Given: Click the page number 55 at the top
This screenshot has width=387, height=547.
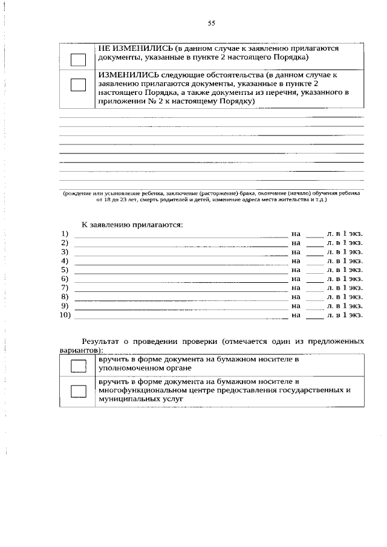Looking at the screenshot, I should [x=212, y=24].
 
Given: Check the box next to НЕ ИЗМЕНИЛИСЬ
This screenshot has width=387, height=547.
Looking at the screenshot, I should [x=79, y=59].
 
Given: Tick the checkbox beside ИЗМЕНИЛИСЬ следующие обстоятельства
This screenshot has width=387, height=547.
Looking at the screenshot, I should [x=79, y=85].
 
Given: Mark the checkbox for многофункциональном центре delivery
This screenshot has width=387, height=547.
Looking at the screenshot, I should [x=79, y=391].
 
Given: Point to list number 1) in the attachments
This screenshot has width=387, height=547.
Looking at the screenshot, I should [x=65, y=233].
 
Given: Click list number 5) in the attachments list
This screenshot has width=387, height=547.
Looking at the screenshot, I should [x=65, y=270].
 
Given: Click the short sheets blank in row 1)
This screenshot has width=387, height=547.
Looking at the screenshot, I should [x=314, y=235].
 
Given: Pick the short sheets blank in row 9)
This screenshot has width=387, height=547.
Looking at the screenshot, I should [x=314, y=307].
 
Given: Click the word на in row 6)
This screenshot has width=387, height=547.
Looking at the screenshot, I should [x=296, y=279].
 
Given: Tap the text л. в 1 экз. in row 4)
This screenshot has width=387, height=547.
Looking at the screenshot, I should [x=344, y=261].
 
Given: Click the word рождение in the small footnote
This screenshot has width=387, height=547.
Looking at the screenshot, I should [x=79, y=193].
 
